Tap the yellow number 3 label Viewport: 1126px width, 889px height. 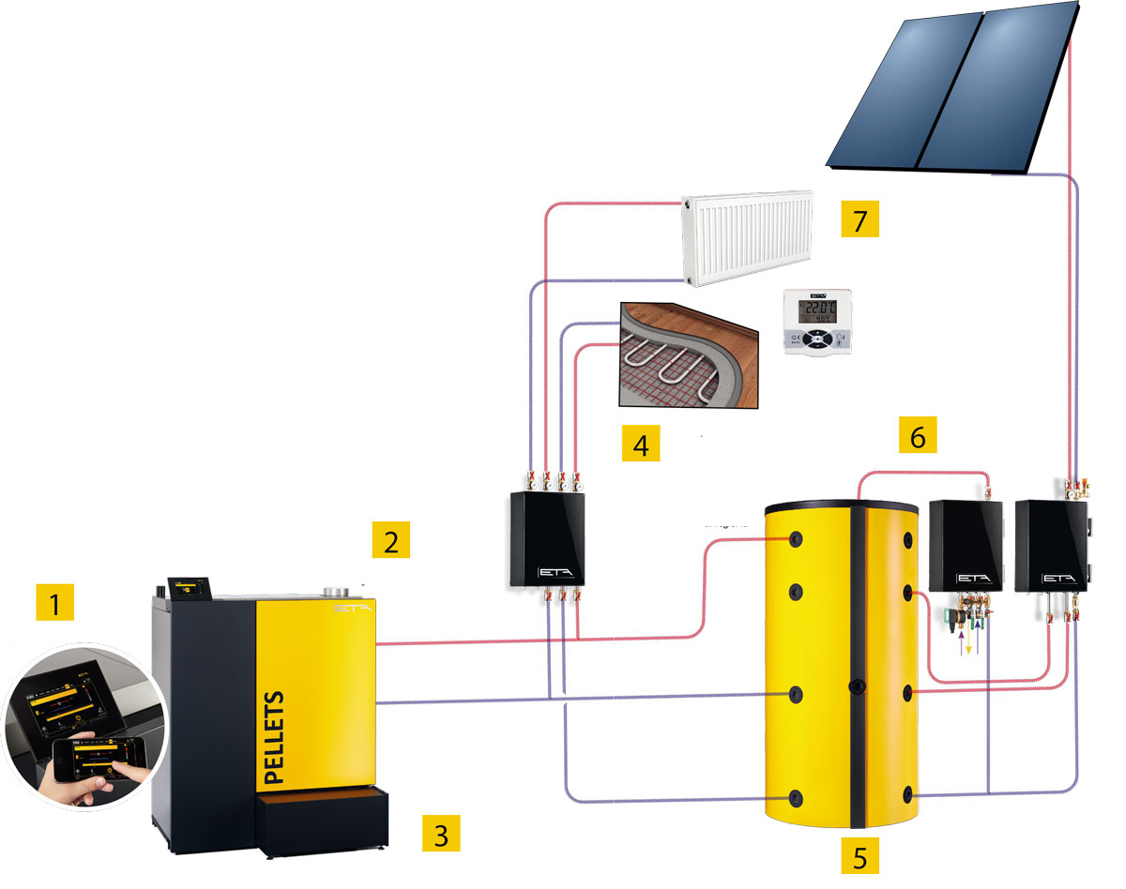(441, 832)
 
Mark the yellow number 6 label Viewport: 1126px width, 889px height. (918, 435)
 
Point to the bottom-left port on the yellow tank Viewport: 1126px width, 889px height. (796, 798)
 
